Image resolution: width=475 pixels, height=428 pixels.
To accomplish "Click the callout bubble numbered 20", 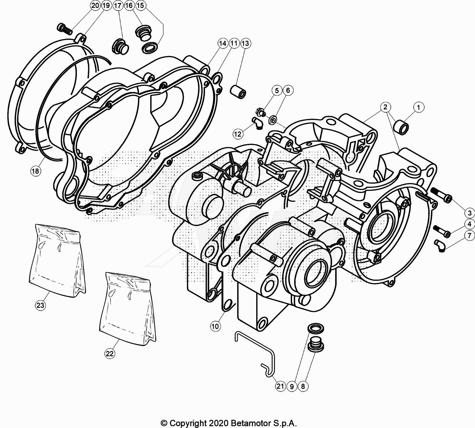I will (x=95, y=5).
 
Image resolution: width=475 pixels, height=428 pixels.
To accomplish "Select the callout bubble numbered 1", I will (x=418, y=107).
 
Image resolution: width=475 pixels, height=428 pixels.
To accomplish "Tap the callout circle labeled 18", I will (x=36, y=171).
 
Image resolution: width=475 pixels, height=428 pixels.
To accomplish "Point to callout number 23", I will (x=40, y=305).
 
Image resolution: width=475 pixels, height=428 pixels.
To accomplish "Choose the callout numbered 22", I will (x=110, y=353).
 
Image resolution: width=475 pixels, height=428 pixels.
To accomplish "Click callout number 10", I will (x=215, y=327).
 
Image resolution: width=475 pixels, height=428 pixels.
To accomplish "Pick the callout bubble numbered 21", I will (x=280, y=386).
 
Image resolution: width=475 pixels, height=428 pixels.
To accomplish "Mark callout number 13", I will (x=245, y=43).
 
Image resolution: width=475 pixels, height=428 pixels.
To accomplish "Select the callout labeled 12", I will (x=238, y=133).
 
